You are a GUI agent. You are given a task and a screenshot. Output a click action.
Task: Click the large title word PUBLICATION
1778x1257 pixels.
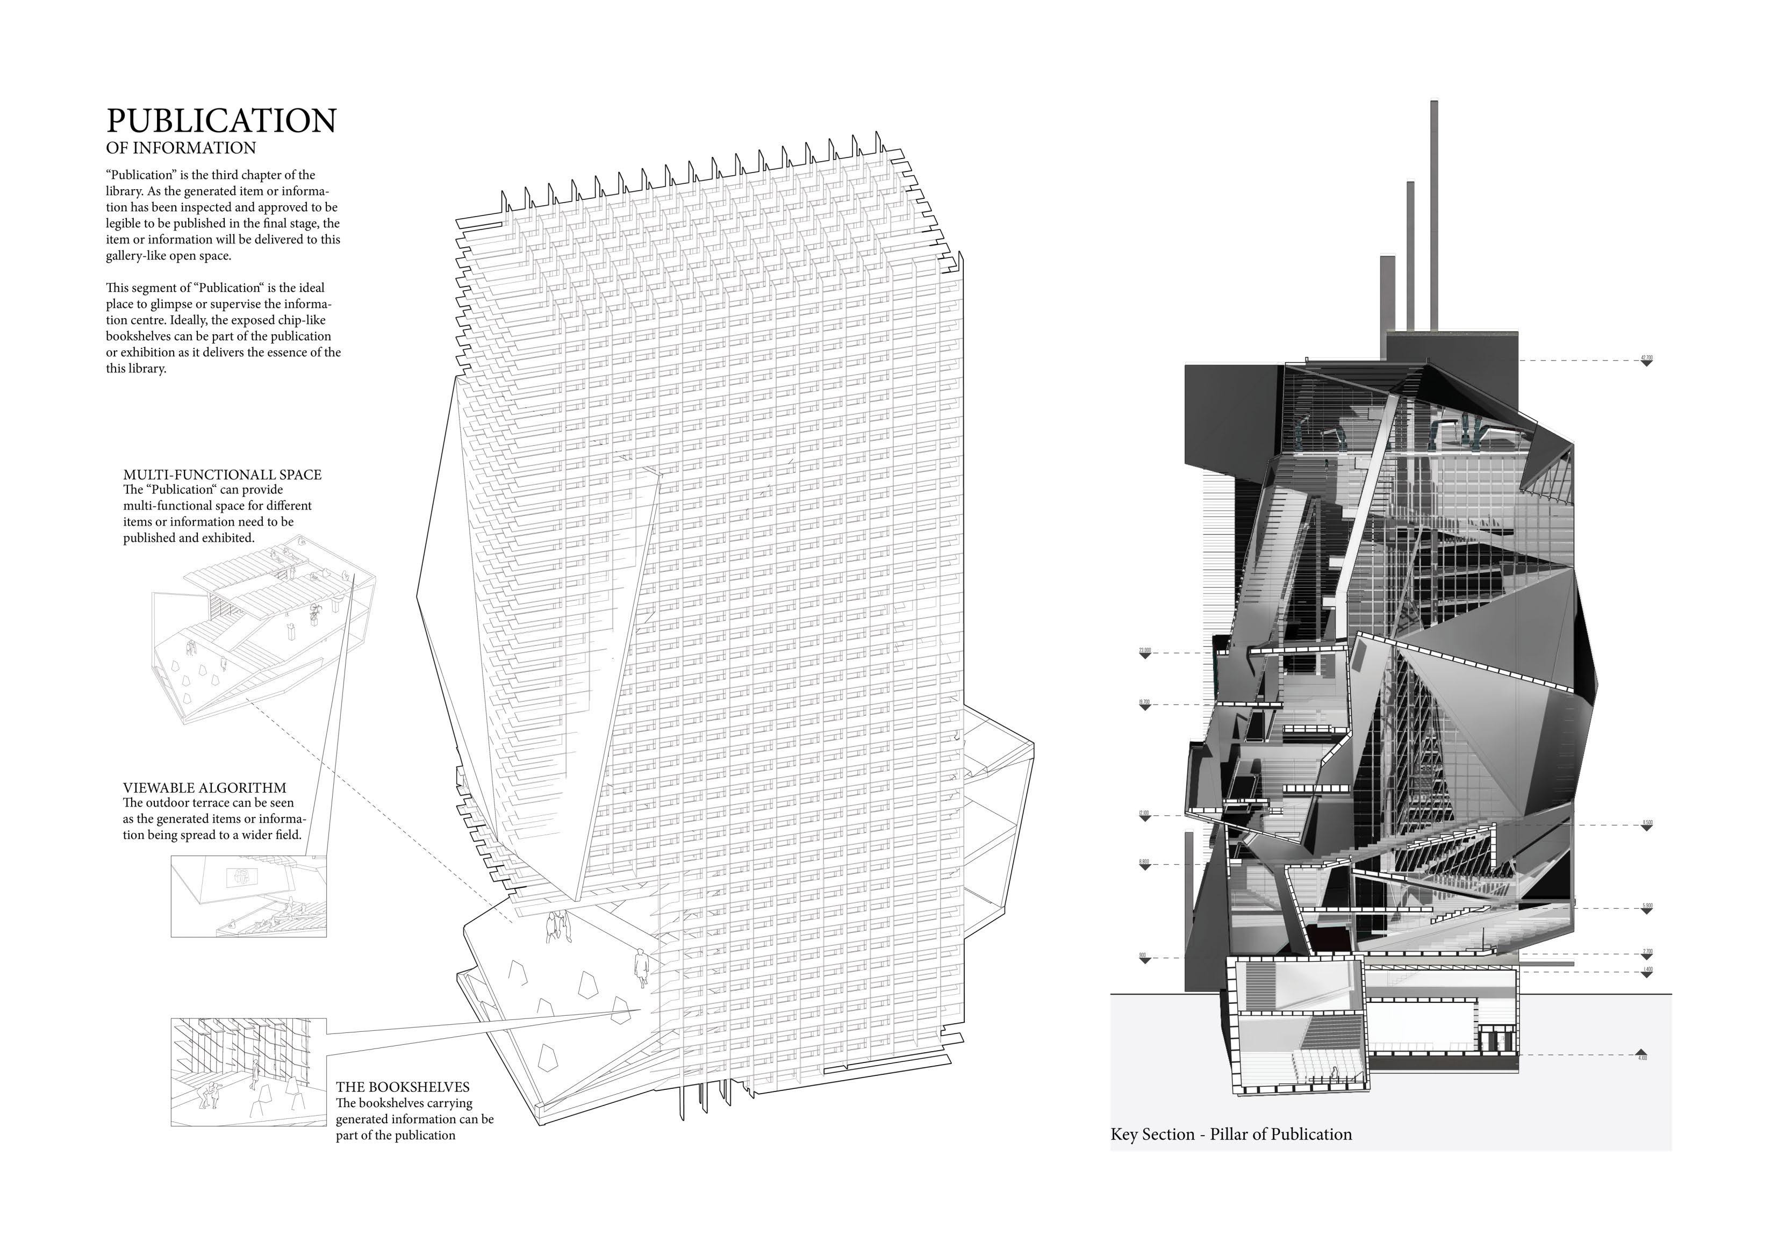click(221, 121)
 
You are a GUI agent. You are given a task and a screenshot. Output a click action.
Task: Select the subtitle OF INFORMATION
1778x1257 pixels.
click(181, 148)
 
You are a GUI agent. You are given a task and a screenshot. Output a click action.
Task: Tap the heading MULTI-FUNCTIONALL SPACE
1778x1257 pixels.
click(223, 475)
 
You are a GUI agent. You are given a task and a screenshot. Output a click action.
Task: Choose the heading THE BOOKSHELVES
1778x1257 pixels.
click(403, 1087)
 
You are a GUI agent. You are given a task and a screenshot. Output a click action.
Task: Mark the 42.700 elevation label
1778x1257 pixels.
click(1646, 358)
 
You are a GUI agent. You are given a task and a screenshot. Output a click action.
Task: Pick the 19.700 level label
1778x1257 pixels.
click(1144, 702)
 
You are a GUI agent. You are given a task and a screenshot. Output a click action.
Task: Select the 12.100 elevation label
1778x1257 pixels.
click(1144, 813)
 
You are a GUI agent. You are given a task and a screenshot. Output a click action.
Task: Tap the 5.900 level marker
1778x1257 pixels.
click(1646, 906)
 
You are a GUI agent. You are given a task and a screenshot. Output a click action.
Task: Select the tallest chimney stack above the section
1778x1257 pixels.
click(1434, 217)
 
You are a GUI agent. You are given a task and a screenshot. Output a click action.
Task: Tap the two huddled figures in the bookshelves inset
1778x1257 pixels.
click(209, 1094)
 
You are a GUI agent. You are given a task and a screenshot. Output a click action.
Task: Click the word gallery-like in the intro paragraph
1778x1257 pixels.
click(137, 256)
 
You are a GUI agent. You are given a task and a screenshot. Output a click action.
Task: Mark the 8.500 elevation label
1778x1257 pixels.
click(1646, 823)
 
